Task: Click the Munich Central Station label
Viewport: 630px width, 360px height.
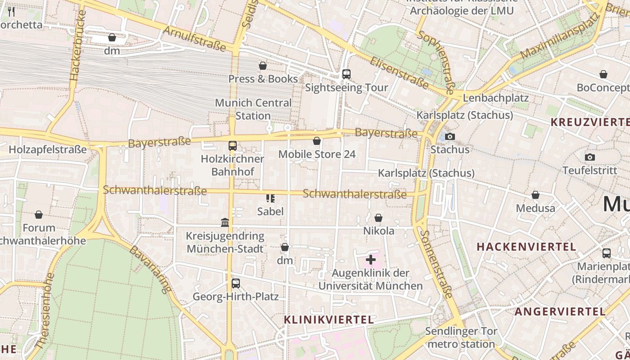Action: (253, 109)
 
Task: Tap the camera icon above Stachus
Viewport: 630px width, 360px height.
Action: (450, 137)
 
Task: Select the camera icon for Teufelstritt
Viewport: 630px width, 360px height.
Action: (589, 157)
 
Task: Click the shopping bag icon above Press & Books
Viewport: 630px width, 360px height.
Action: (263, 66)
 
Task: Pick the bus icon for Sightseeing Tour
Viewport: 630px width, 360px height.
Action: (346, 74)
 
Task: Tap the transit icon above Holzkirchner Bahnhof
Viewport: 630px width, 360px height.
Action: (232, 146)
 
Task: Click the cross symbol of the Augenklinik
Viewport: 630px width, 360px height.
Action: (370, 260)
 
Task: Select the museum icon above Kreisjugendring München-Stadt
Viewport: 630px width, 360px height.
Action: (225, 222)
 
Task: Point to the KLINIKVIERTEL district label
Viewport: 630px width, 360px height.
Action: (328, 319)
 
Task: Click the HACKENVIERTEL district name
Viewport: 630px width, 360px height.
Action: (526, 247)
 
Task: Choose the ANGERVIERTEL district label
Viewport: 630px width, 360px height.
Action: (560, 311)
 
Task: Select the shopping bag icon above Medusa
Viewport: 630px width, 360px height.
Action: (535, 195)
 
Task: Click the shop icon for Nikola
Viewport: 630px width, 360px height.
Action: (378, 218)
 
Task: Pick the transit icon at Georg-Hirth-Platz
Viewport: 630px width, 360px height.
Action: (235, 283)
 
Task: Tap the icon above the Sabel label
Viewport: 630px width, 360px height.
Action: (270, 198)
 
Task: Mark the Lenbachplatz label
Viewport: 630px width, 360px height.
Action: (495, 98)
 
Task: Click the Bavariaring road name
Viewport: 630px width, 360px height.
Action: (151, 269)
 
